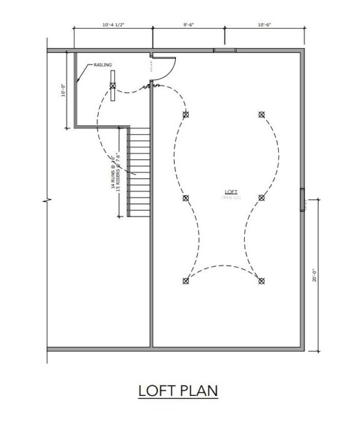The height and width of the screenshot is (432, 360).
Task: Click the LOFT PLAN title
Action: (178, 390)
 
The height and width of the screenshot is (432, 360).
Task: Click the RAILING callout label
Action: (101, 65)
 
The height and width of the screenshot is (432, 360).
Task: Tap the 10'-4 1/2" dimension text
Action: (113, 24)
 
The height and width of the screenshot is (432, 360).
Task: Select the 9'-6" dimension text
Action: (189, 24)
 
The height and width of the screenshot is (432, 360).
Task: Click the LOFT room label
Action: (231, 192)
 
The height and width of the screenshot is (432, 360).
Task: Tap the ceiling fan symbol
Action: (113, 86)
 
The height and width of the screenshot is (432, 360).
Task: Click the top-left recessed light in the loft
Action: (186, 115)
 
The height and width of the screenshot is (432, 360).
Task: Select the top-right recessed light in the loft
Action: (261, 115)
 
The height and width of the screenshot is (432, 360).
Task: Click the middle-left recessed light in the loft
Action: (186, 198)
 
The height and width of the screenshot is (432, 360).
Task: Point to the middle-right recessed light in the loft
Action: (261, 198)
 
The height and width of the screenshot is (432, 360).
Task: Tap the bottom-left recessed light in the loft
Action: (186, 281)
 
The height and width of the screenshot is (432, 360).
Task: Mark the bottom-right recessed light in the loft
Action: (261, 281)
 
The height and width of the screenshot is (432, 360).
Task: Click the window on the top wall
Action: (224, 50)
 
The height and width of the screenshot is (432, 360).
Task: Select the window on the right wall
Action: (302, 199)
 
